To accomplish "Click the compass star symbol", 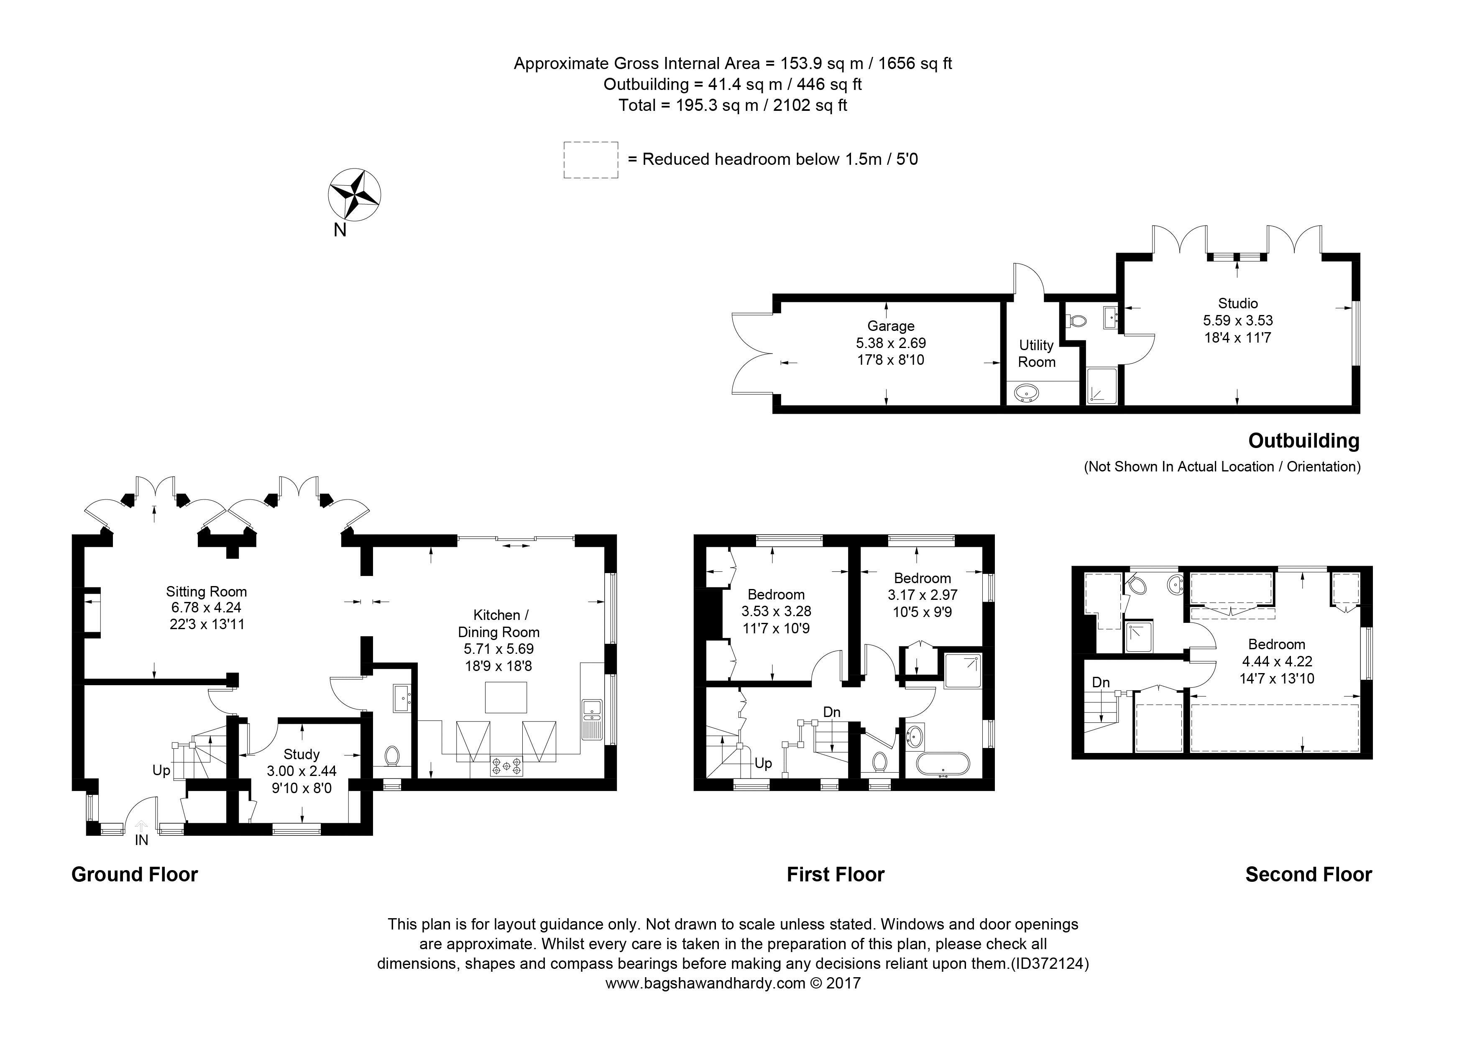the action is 355,195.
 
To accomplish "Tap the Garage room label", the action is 891,326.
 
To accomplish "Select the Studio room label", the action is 1237,304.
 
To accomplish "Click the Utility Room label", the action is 1036,353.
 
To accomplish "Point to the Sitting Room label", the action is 207,591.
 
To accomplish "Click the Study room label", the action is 301,755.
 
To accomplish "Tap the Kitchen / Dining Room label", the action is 499,624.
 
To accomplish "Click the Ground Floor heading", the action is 135,875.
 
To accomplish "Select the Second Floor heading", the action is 1309,875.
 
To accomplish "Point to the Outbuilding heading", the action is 1304,441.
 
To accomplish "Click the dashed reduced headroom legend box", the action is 591,160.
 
